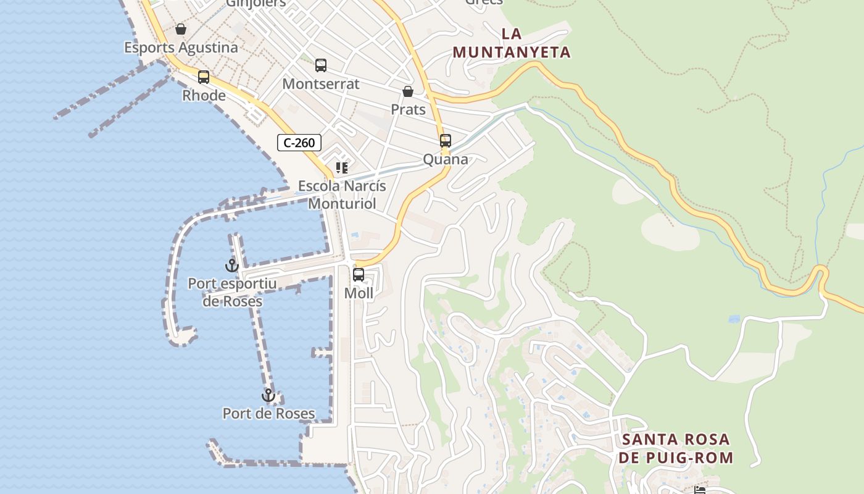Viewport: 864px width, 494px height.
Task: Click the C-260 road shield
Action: pos(299,143)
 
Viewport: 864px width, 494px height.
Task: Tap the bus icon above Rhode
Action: pos(204,77)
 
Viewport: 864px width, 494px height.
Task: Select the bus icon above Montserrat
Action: pos(321,65)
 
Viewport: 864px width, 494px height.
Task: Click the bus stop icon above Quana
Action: pos(446,141)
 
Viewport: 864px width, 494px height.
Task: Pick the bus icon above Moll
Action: pos(359,274)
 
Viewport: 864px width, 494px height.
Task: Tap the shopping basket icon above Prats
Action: pos(408,91)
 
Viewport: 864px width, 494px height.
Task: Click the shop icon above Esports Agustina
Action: pos(181,29)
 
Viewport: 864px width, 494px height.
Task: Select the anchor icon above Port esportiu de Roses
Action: pos(231,266)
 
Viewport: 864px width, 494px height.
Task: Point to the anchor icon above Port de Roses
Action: pos(268,395)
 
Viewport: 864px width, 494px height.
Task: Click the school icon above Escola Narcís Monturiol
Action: pos(342,167)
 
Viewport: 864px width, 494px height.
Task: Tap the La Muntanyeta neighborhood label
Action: pos(512,43)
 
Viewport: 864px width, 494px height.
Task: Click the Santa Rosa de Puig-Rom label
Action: pos(677,449)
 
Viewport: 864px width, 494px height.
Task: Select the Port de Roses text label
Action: pos(268,414)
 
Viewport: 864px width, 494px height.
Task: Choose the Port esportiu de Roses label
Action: pos(232,293)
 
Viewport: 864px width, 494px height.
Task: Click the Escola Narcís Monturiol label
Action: pos(342,195)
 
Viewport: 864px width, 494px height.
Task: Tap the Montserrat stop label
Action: pos(321,83)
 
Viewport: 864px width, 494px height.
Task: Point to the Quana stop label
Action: pos(446,159)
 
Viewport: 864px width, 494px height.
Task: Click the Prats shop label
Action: pos(408,110)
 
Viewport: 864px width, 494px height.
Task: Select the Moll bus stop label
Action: pos(359,293)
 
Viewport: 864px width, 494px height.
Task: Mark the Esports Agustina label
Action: pos(181,48)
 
